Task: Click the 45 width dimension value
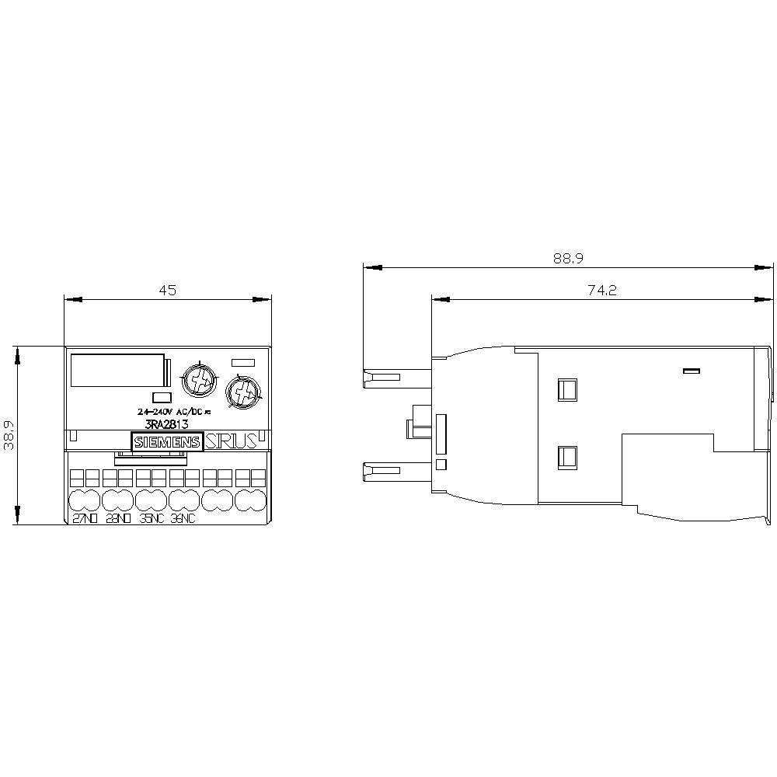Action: [x=168, y=290]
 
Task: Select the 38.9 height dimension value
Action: [x=9, y=435]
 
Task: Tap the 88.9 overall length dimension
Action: [x=568, y=259]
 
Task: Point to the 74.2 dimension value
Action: [x=602, y=290]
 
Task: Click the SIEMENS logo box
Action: [x=168, y=442]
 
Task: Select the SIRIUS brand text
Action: [x=231, y=442]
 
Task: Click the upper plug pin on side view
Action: [x=382, y=378]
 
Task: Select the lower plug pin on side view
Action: [x=382, y=470]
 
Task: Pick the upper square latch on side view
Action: [x=568, y=388]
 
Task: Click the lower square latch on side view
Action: [x=568, y=457]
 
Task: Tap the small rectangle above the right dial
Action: [x=244, y=361]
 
